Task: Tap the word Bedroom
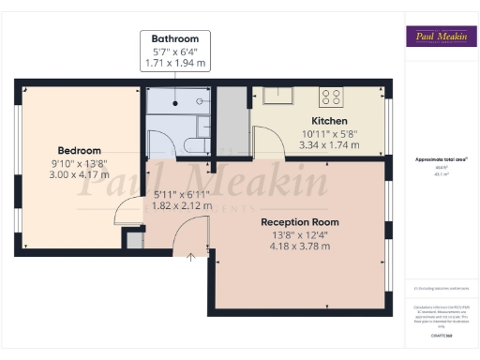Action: tap(80, 150)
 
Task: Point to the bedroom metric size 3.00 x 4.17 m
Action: tap(80, 174)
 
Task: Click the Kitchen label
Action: tap(330, 122)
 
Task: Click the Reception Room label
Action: tap(300, 222)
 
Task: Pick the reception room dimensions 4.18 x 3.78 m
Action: tap(300, 247)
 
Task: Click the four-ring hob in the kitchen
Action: tap(331, 95)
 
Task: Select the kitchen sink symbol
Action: tap(277, 95)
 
